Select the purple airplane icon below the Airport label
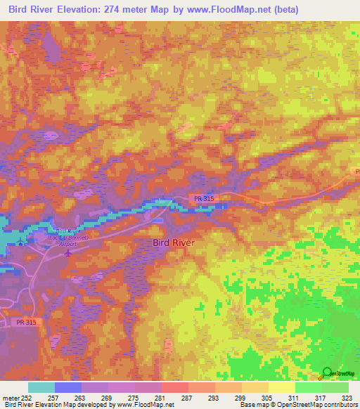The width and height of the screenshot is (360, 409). point(67,253)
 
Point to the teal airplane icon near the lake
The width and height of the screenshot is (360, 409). point(21,243)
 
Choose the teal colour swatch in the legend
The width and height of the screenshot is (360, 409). point(41,387)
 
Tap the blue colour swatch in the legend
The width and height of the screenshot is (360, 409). point(68,387)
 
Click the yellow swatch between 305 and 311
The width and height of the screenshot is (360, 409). point(282,387)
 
